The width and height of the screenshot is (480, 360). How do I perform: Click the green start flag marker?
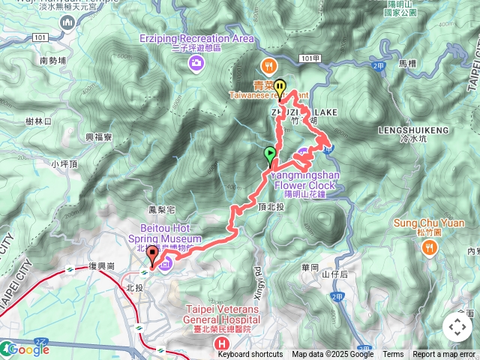(270, 155)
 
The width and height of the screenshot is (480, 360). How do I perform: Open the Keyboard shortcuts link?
(250, 355)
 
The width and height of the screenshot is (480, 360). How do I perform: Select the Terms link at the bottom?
(393, 355)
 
